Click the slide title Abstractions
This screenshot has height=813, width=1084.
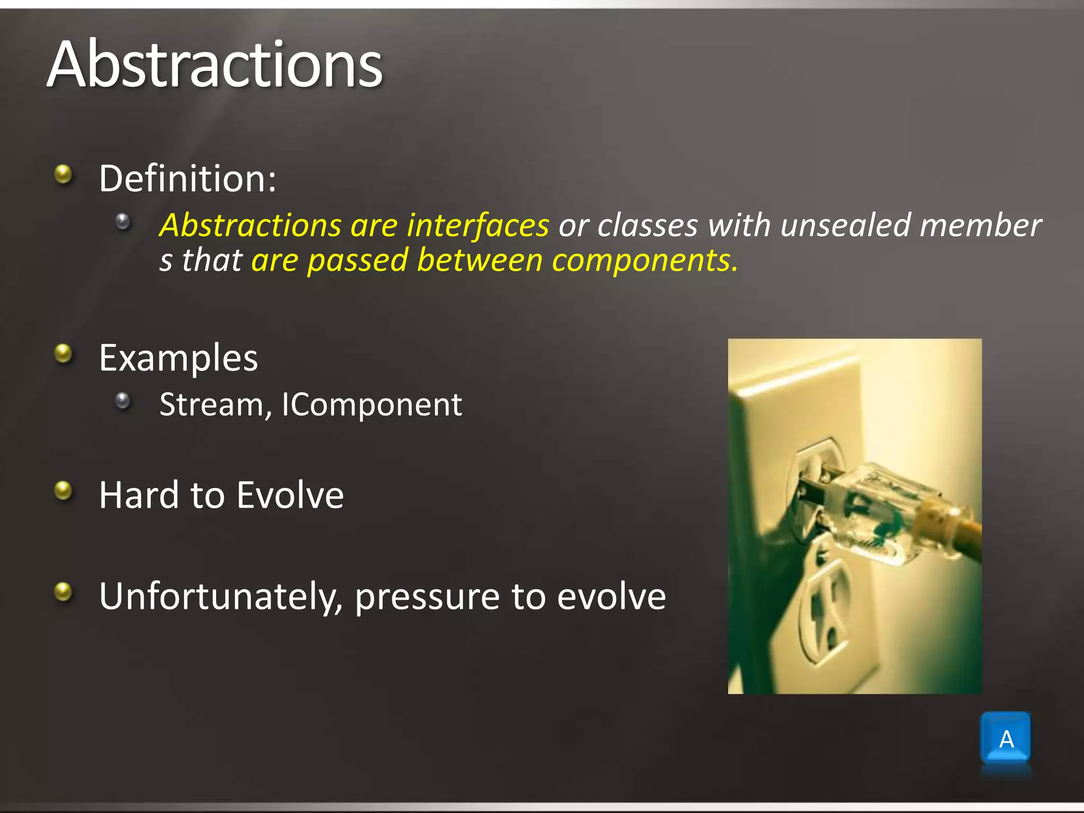tap(214, 65)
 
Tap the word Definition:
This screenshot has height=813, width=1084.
tap(187, 178)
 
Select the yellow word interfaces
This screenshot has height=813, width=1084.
tap(477, 225)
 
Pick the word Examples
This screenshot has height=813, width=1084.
tap(178, 358)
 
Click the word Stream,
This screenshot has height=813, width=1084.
tap(216, 405)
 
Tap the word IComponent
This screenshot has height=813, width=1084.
tap(372, 405)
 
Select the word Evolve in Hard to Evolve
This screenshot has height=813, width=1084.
tap(290, 495)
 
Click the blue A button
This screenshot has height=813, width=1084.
tap(1005, 738)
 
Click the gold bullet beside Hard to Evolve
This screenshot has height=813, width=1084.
tap(64, 490)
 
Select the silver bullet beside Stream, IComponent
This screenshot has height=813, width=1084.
tap(123, 401)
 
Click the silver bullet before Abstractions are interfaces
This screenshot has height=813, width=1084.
tap(123, 221)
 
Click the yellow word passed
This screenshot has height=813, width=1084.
tap(358, 260)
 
